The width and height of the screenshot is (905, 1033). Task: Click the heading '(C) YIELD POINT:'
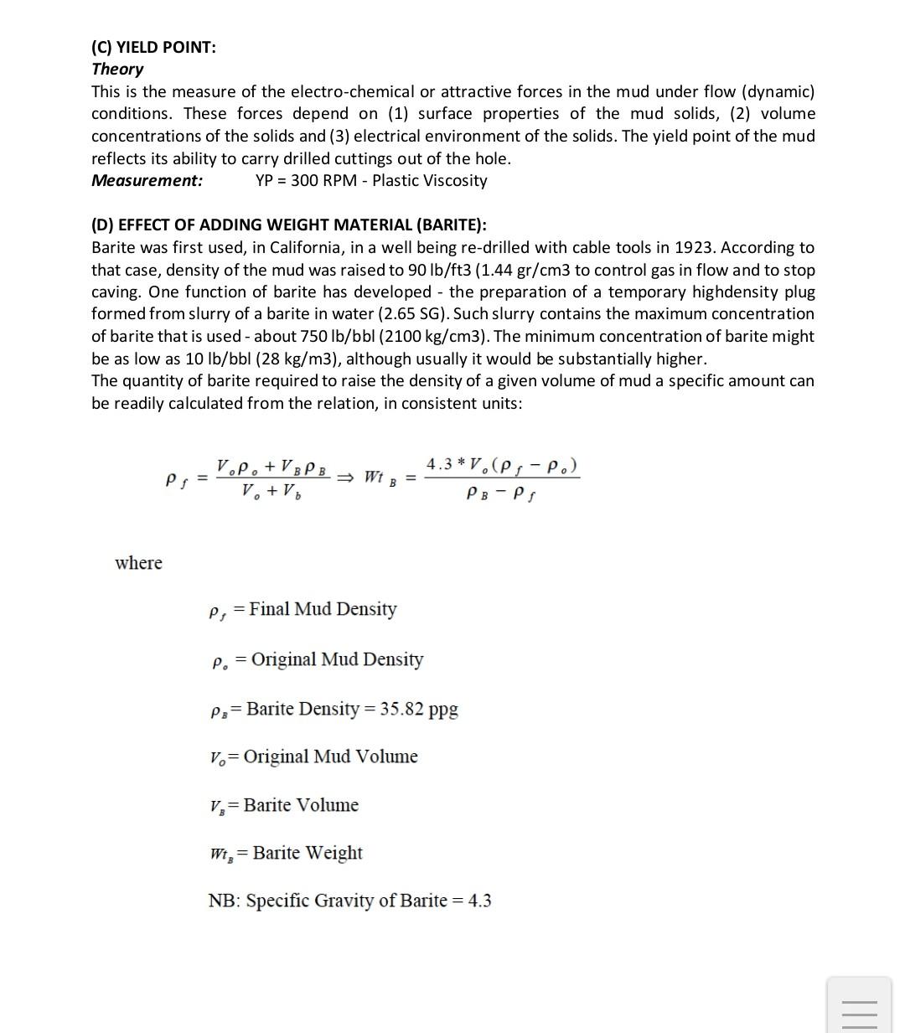(x=153, y=47)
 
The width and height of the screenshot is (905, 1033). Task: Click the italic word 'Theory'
(x=117, y=69)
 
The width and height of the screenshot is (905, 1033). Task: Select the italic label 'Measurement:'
(x=147, y=180)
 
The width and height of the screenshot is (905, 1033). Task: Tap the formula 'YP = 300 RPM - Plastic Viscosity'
(x=371, y=180)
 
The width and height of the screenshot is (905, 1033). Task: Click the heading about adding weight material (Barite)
(x=288, y=225)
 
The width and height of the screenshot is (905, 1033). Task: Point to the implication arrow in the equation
(x=346, y=478)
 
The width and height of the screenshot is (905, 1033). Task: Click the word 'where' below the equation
(x=138, y=562)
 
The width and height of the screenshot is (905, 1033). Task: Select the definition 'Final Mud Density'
(x=323, y=609)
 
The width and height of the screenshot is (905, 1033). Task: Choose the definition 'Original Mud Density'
(x=337, y=659)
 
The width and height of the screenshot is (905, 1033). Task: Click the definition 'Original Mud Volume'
(x=330, y=757)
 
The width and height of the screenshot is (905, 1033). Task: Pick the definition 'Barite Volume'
(x=301, y=805)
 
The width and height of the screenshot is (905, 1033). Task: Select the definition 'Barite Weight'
(x=308, y=853)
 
